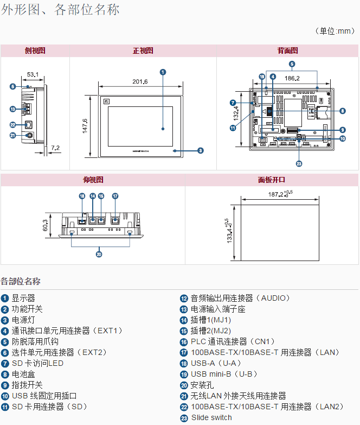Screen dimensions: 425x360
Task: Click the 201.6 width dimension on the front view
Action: [140, 81]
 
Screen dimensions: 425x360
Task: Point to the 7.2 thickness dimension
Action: [55, 148]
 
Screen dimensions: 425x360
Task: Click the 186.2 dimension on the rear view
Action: [292, 78]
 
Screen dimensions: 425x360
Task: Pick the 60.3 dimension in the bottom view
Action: [46, 224]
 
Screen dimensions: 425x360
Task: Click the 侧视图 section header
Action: [35, 50]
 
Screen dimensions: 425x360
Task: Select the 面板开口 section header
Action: [271, 180]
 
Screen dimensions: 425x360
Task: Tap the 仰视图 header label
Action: [93, 180]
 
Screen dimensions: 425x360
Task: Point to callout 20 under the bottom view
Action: [99, 253]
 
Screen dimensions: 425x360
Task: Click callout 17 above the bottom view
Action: [115, 196]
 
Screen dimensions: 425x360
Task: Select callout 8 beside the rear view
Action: [342, 111]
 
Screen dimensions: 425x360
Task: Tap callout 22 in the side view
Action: [12, 125]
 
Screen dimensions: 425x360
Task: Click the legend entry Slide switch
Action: [210, 417]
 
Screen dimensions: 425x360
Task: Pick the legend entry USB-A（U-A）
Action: [215, 363]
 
